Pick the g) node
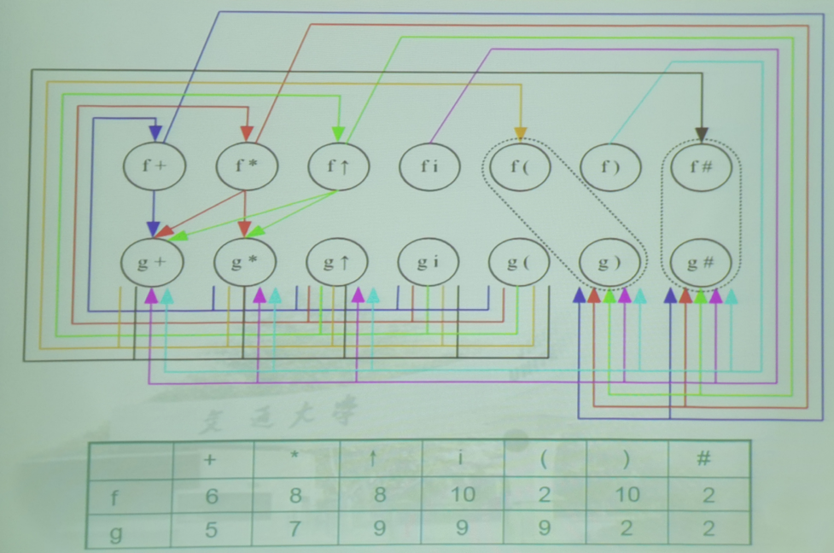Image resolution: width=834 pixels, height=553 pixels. (x=610, y=262)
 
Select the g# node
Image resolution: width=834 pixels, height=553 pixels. (x=702, y=262)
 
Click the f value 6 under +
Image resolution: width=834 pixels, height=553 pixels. (x=211, y=496)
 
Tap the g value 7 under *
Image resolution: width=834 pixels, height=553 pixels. (x=295, y=529)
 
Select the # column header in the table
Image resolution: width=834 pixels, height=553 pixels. (x=704, y=459)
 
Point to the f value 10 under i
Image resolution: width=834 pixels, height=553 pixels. (x=461, y=496)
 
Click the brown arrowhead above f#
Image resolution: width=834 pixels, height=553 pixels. (x=702, y=134)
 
